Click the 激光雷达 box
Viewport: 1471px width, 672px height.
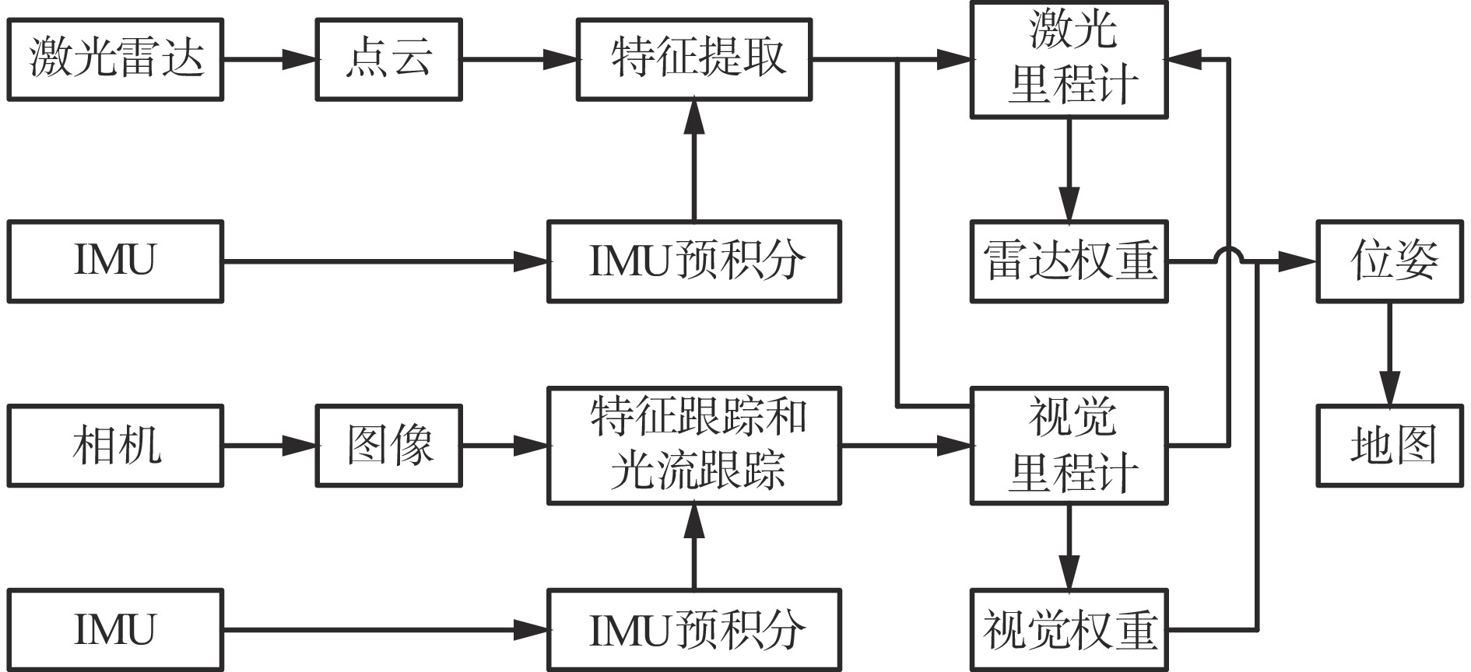115,60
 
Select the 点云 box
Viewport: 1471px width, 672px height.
388,60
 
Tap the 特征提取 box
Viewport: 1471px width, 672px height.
693,60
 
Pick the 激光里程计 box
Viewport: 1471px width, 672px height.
1069,60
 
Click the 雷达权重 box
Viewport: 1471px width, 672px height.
1069,261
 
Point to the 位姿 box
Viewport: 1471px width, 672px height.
1389,261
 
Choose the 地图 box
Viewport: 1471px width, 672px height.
1389,446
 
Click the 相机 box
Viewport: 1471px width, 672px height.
115,446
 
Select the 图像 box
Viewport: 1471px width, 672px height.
388,446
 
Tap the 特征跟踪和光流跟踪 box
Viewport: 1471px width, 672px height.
693,446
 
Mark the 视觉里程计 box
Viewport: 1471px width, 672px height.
1069,446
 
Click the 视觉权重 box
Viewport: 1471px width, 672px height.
1069,630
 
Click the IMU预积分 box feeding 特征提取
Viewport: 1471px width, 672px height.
693,261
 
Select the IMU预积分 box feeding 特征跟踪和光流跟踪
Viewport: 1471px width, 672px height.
693,630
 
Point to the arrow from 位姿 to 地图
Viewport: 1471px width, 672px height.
1389,353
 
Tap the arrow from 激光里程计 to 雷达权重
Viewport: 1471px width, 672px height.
1069,169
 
